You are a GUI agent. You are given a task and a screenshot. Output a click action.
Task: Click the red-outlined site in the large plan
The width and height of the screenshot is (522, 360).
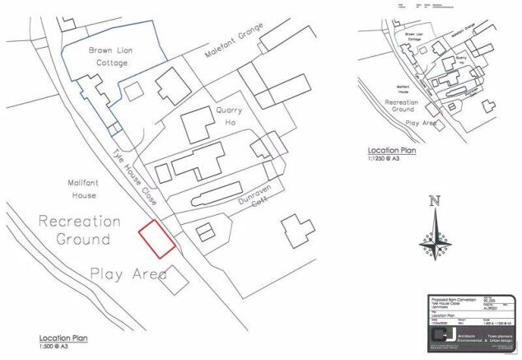coord(156,239)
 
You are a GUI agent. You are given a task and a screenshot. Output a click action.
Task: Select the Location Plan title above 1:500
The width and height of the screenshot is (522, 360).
coord(63,338)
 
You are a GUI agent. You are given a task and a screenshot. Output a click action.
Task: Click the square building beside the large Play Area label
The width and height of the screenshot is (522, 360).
coord(174,279)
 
